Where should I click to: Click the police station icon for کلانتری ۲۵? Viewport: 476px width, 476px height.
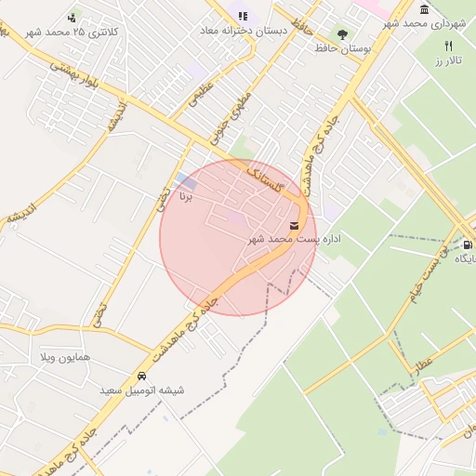tap(73, 18)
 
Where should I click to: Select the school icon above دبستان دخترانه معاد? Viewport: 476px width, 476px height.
tap(243, 17)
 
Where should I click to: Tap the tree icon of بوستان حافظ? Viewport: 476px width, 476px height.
tap(343, 34)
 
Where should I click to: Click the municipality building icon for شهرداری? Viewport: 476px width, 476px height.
tap(425, 10)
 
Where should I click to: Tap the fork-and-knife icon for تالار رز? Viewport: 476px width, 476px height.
tap(448, 46)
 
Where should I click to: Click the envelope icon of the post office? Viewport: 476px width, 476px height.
tap(295, 225)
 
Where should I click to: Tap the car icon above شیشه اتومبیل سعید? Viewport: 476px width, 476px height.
tap(141, 377)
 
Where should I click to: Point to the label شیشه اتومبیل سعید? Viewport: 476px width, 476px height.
tap(143, 390)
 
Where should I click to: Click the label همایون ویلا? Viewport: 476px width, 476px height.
tap(66, 357)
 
